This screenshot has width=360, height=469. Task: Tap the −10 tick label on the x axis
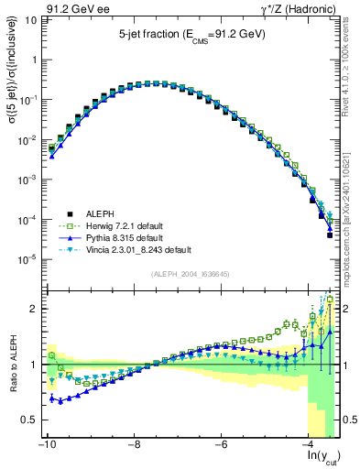[46, 445]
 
